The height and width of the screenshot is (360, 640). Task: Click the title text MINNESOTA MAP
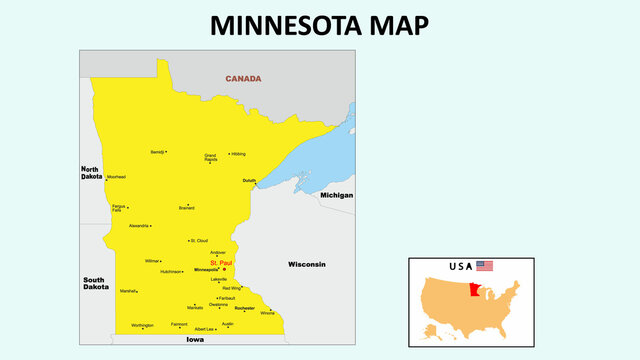click(x=319, y=25)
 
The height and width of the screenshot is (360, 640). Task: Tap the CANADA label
click(x=243, y=78)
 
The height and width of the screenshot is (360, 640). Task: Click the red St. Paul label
click(x=220, y=263)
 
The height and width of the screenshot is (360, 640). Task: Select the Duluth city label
click(x=249, y=180)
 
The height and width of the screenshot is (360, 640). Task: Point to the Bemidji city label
click(x=157, y=152)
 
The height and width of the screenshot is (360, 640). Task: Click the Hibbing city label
click(x=238, y=154)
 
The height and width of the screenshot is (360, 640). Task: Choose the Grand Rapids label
click(x=210, y=158)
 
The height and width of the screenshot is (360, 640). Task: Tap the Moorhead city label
click(x=116, y=177)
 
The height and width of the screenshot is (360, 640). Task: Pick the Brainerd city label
click(x=186, y=208)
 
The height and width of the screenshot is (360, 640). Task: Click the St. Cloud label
click(x=199, y=241)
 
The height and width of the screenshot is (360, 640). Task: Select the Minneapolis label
click(x=206, y=270)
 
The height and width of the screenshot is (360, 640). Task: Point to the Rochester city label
click(x=245, y=308)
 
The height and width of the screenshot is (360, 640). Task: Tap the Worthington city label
click(x=142, y=325)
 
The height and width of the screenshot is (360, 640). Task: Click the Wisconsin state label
click(x=307, y=264)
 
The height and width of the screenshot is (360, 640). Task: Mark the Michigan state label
click(x=336, y=195)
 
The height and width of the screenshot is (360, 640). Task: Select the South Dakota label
click(x=96, y=283)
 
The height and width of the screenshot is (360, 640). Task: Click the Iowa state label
click(x=195, y=340)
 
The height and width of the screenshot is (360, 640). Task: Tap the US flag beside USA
click(x=485, y=266)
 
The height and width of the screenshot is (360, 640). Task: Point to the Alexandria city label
click(x=139, y=226)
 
